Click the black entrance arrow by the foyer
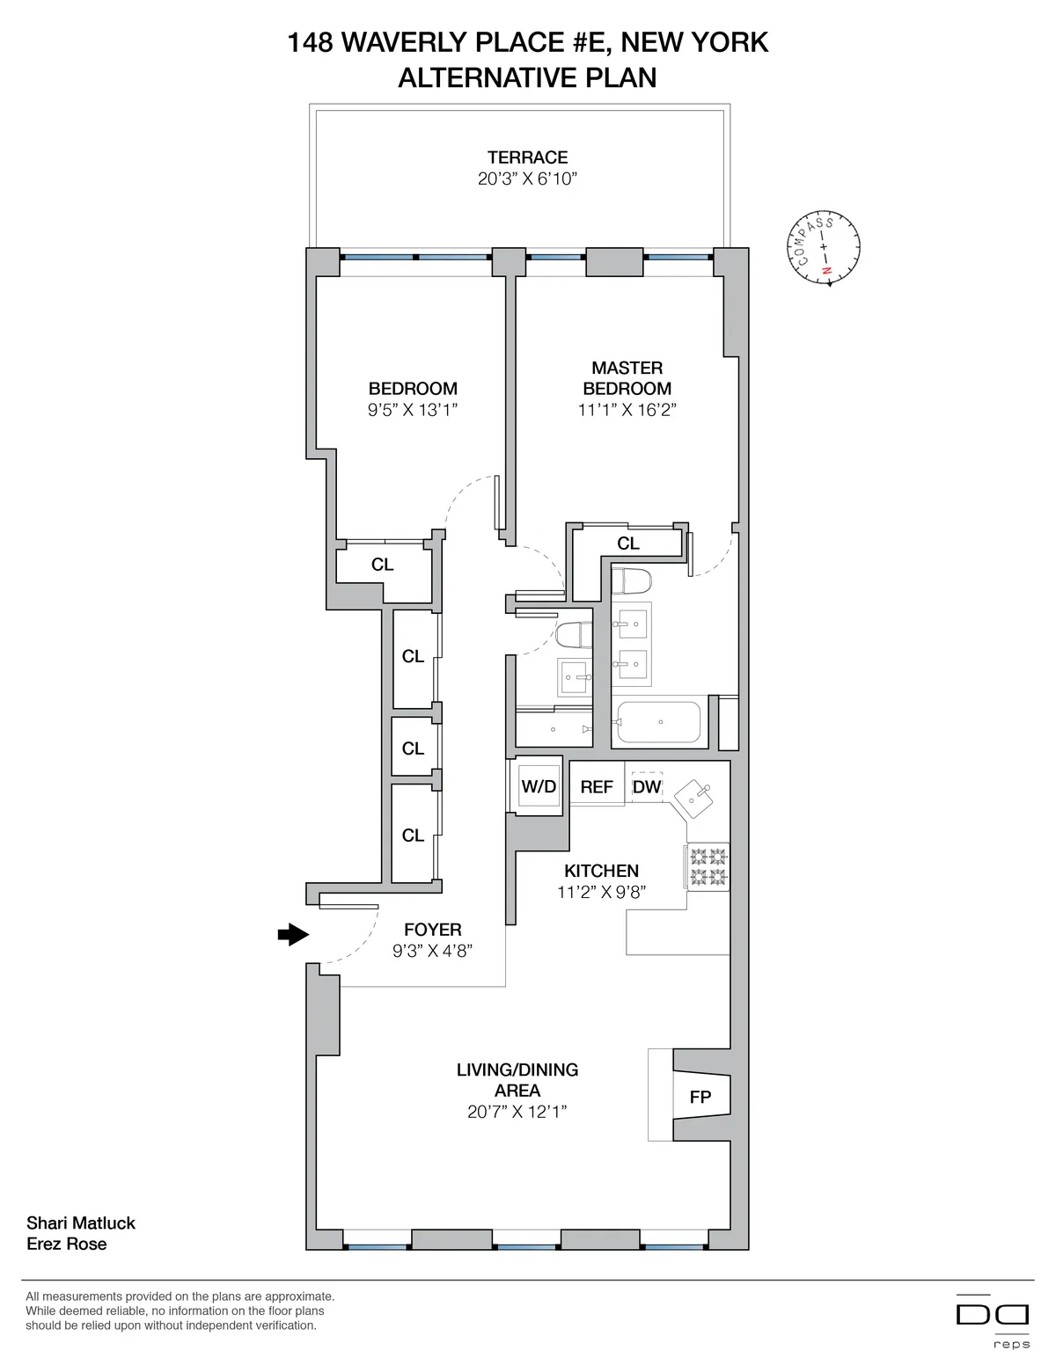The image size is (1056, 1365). pyautogui.click(x=292, y=935)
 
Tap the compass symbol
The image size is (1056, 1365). pyautogui.click(x=825, y=247)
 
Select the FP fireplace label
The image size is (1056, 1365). pyautogui.click(x=700, y=1098)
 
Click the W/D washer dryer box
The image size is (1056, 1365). pyautogui.click(x=539, y=786)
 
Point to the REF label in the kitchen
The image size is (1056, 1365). pyautogui.click(x=596, y=787)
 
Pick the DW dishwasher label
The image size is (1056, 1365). pyautogui.click(x=647, y=787)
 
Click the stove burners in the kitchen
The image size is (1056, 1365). pyautogui.click(x=708, y=866)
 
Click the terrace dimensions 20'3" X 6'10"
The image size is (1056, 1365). pyautogui.click(x=527, y=179)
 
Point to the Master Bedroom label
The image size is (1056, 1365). pyautogui.click(x=627, y=378)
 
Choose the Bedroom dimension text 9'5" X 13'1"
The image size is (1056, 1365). pyautogui.click(x=413, y=410)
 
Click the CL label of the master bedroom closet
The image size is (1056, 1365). pyautogui.click(x=627, y=544)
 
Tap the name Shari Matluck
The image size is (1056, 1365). pyautogui.click(x=81, y=1223)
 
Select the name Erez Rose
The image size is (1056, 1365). pyautogui.click(x=67, y=1244)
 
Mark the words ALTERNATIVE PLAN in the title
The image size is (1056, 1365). pyautogui.click(x=527, y=77)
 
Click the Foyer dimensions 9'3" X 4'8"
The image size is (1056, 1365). pyautogui.click(x=433, y=951)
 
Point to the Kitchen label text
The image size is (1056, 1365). pyautogui.click(x=601, y=871)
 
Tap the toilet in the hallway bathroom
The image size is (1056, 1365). pyautogui.click(x=576, y=635)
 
